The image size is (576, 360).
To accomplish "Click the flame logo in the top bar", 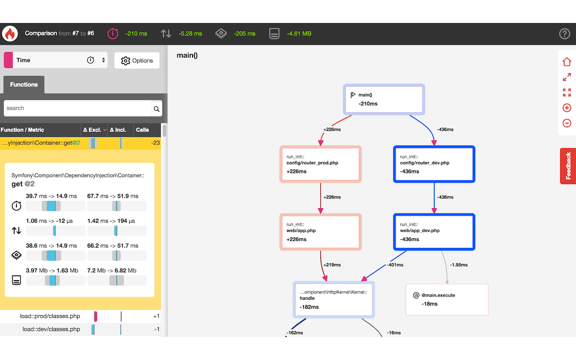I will click(x=9, y=34).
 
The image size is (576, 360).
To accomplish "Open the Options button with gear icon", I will click(x=137, y=61).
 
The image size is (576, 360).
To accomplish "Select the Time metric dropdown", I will click(x=56, y=60).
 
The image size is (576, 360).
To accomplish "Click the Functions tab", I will click(x=24, y=85).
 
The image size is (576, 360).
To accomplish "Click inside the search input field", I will click(x=77, y=108).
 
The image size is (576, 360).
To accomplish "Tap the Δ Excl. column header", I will click(x=94, y=130).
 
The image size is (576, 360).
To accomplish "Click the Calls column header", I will click(x=142, y=130).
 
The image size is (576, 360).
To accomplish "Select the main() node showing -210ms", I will click(x=384, y=99).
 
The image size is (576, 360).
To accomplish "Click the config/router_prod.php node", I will click(x=320, y=164).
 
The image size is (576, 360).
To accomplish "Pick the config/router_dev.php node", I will click(x=434, y=164).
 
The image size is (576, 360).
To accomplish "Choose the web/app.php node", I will click(x=320, y=232).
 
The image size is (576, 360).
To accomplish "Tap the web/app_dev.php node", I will click(x=434, y=232).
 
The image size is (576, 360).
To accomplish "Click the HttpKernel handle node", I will click(x=333, y=300).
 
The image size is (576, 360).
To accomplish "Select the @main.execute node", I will click(x=447, y=300).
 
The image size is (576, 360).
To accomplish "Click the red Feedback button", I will click(x=568, y=166).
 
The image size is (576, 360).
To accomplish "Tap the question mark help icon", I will click(x=564, y=34).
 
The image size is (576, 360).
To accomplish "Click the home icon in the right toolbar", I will click(x=567, y=62).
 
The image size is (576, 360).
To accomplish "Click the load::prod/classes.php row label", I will click(x=50, y=316).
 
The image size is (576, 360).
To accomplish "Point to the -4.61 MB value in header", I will click(x=299, y=34).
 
